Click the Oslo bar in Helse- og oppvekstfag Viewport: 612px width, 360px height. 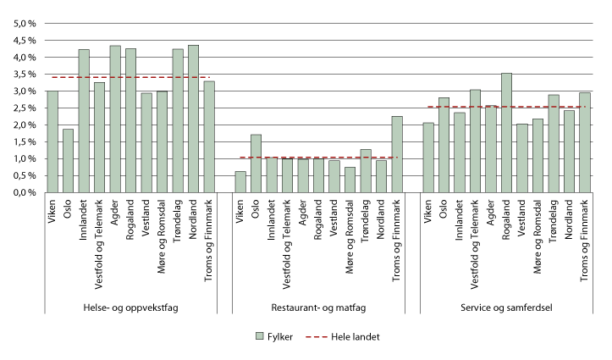(68, 161)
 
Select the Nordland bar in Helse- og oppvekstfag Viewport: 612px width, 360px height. (193, 119)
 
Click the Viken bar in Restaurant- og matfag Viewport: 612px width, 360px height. (240, 182)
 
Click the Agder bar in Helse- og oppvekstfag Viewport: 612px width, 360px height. (114, 119)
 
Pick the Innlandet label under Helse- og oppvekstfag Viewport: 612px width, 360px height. (84, 219)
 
